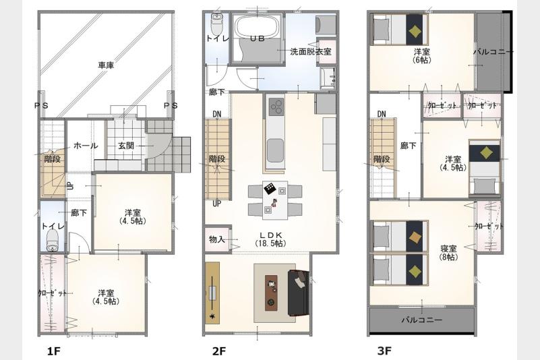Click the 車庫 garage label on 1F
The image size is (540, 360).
[x=106, y=65]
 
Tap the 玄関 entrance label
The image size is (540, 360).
[x=126, y=146]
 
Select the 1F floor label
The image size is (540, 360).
[x=54, y=351]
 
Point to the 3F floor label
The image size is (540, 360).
[x=384, y=351]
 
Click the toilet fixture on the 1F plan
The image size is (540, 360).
[x=53, y=241]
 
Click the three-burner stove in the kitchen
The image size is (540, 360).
[x=276, y=107]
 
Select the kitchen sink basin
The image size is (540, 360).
[x=275, y=150]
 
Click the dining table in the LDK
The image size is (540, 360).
[x=275, y=200]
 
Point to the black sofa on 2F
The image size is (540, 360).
[x=298, y=293]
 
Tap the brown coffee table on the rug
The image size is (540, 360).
[x=272, y=292]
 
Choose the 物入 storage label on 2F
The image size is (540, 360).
[x=217, y=239]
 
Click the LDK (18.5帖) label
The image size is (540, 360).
[x=271, y=239]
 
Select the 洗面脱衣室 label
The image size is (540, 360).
[x=311, y=52]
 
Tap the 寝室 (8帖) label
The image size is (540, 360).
[x=448, y=253]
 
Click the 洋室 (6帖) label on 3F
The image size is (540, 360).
[x=421, y=56]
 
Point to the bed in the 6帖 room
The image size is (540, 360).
[x=399, y=29]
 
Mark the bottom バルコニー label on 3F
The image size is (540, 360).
[x=422, y=320]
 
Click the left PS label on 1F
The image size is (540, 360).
[x=41, y=106]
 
